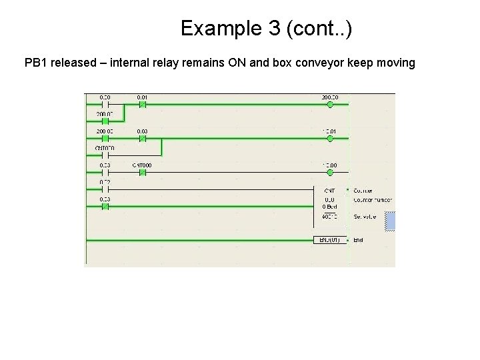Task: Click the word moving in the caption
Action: tap(397, 63)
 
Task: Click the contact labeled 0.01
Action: tap(142, 105)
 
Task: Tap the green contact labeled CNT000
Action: tap(142, 172)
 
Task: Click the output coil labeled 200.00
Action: tap(330, 105)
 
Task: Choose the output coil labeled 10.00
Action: tap(330, 172)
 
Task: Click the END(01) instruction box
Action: tap(330, 239)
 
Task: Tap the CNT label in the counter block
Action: tap(330, 190)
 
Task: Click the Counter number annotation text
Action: tap(372, 199)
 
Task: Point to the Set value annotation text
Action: tap(364, 217)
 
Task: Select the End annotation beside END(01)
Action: tap(358, 239)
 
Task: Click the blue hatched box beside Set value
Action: tap(390, 221)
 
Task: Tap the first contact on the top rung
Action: tap(105, 105)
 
